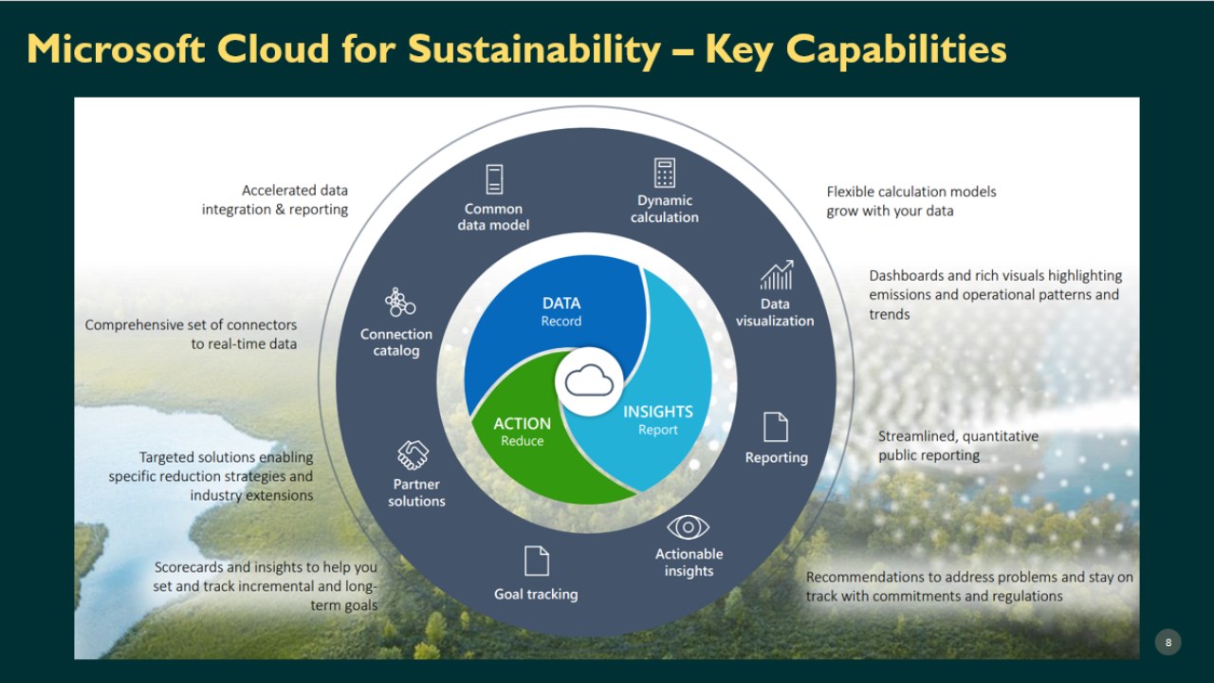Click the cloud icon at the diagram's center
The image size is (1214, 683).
pyautogui.click(x=589, y=380)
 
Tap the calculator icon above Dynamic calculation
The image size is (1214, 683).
pyautogui.click(x=665, y=173)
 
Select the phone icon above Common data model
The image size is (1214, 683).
pyautogui.click(x=494, y=179)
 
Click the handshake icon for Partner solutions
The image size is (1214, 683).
pyautogui.click(x=413, y=454)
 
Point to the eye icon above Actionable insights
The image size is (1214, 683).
pyautogui.click(x=689, y=526)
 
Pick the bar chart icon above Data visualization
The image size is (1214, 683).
pyautogui.click(x=777, y=275)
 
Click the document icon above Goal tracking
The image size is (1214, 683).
pyautogui.click(x=537, y=561)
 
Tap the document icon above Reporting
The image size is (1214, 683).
pyautogui.click(x=776, y=427)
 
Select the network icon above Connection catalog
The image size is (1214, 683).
pyautogui.click(x=400, y=302)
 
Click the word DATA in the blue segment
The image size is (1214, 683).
pyautogui.click(x=561, y=303)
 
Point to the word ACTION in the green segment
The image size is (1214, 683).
pyautogui.click(x=522, y=423)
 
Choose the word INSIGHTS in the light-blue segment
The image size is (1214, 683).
pyautogui.click(x=658, y=412)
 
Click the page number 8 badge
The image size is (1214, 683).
pyautogui.click(x=1168, y=642)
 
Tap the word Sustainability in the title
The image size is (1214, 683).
pyautogui.click(x=534, y=50)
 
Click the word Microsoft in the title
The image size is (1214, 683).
pyautogui.click(x=116, y=48)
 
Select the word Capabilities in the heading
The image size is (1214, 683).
pyautogui.click(x=896, y=50)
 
